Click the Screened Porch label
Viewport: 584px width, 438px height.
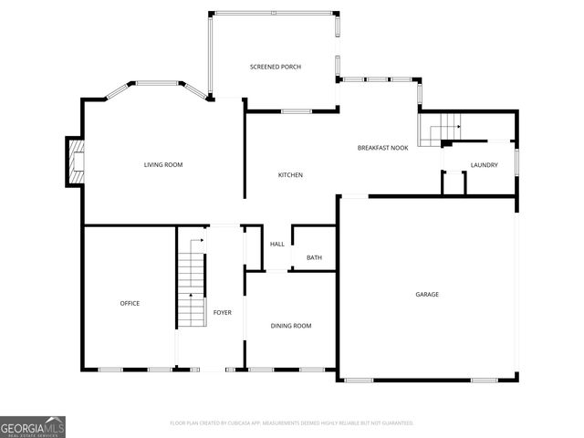(276, 67)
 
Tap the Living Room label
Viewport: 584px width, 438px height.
(163, 164)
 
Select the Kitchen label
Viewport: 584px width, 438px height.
(290, 175)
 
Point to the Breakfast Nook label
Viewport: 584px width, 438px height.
(382, 147)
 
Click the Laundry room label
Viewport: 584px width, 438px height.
(484, 164)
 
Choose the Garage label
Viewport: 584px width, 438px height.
(427, 294)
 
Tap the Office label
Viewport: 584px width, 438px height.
(130, 303)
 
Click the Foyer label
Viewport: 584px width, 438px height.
(223, 313)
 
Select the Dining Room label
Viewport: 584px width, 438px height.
(291, 326)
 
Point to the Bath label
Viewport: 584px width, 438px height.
(314, 258)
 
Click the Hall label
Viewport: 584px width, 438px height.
(277, 244)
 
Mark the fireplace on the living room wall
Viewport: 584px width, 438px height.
(75, 161)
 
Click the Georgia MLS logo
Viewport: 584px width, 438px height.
(33, 426)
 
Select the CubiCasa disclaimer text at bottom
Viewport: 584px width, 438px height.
(292, 423)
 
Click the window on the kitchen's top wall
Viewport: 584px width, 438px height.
(296, 111)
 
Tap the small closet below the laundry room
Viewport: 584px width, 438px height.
(454, 182)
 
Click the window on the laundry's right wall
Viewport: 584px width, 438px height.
(516, 161)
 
